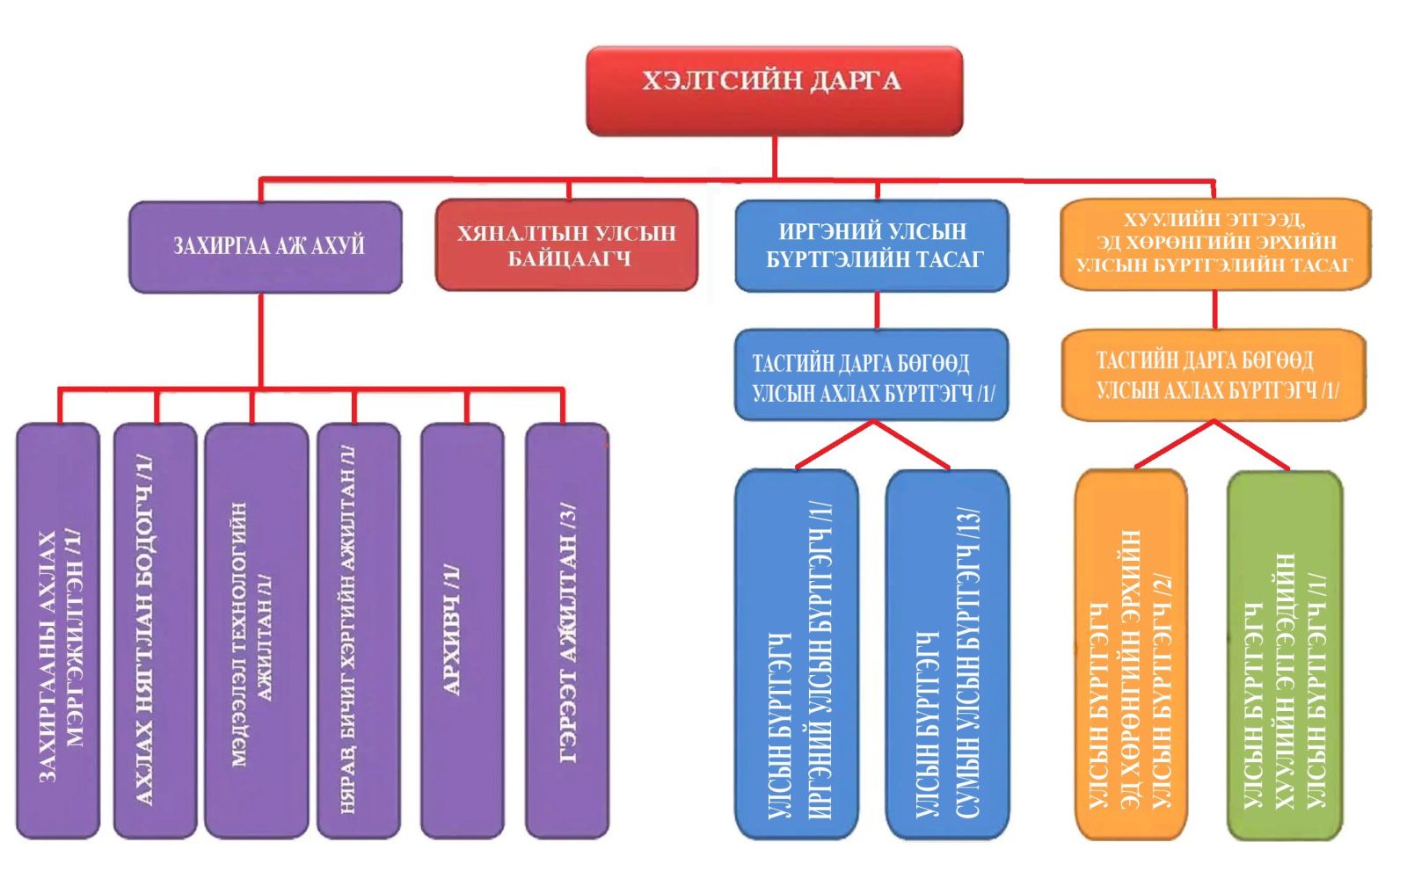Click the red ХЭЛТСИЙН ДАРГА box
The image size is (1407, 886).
pyautogui.click(x=774, y=91)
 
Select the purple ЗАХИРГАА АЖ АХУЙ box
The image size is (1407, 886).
pyautogui.click(x=266, y=246)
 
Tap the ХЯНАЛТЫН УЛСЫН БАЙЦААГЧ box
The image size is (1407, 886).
pyautogui.click(x=566, y=245)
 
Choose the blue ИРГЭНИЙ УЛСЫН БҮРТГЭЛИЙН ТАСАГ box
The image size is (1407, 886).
pyautogui.click(x=871, y=245)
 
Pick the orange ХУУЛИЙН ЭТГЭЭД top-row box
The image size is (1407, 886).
pyautogui.click(x=1214, y=243)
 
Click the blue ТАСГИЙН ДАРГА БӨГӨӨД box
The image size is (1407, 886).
pyautogui.click(x=871, y=375)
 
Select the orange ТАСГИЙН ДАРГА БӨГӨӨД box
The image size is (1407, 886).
pyautogui.click(x=1214, y=374)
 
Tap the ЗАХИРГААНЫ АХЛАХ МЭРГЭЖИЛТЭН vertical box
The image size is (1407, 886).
pyautogui.click(x=58, y=630)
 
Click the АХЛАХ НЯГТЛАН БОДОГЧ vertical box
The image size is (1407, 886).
pyautogui.click(x=155, y=630)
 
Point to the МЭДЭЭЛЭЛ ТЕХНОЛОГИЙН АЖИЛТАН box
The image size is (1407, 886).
pyautogui.click(x=256, y=630)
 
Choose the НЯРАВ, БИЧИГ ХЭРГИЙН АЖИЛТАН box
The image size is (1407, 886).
pyautogui.click(x=358, y=630)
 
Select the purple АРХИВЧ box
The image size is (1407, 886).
pyautogui.click(x=462, y=630)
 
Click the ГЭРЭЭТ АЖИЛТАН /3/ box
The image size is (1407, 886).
pyautogui.click(x=566, y=630)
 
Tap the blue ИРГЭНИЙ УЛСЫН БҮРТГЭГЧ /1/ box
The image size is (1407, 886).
pyautogui.click(x=797, y=655)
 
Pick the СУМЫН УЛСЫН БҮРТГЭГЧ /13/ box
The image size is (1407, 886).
pyautogui.click(x=947, y=655)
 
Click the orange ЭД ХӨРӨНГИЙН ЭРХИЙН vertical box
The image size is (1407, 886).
pyautogui.click(x=1131, y=655)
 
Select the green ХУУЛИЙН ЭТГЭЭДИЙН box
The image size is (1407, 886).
pyautogui.click(x=1284, y=655)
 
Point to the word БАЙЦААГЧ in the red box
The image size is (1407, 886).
pyautogui.click(x=568, y=259)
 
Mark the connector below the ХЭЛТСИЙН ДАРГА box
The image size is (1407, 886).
pyautogui.click(x=775, y=158)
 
